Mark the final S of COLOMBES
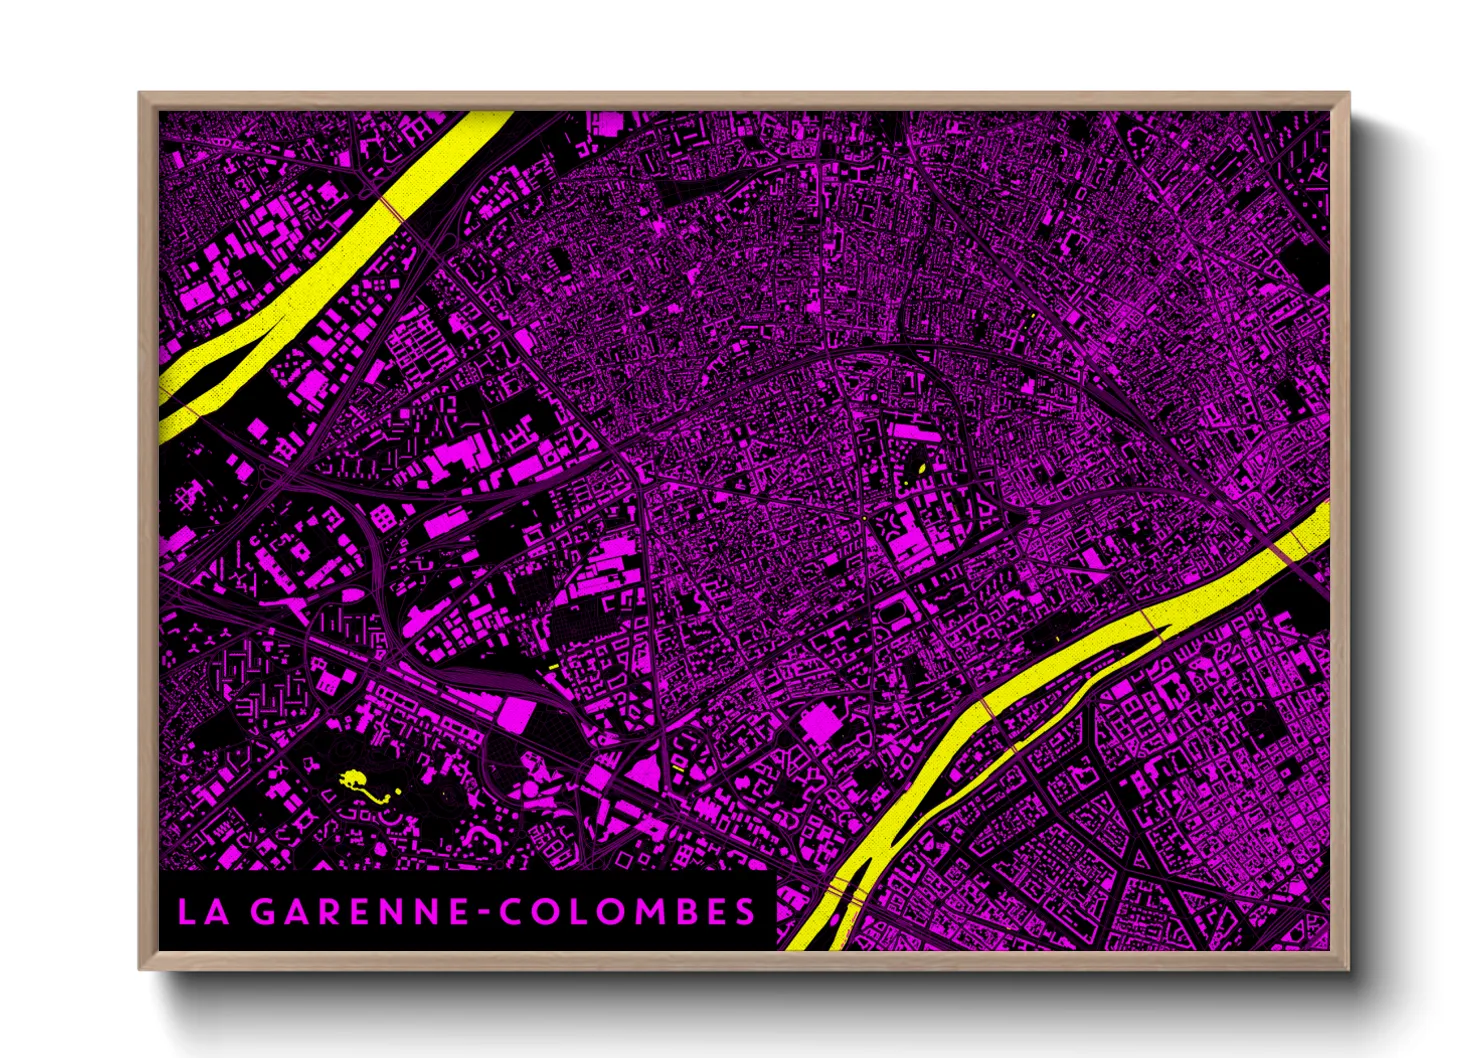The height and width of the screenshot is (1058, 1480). [745, 912]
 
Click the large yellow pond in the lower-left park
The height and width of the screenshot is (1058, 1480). [353, 778]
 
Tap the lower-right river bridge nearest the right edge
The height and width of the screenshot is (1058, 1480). [1290, 545]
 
